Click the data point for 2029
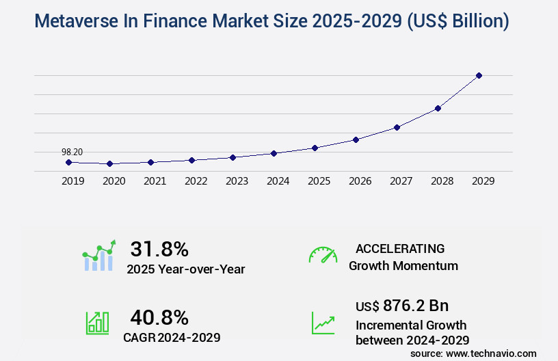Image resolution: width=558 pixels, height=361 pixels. (x=479, y=75)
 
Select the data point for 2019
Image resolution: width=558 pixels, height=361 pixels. (x=68, y=162)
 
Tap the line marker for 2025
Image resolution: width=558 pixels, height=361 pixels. (x=315, y=148)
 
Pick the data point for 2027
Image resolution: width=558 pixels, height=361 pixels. (x=397, y=127)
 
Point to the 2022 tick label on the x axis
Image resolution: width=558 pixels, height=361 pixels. (x=196, y=181)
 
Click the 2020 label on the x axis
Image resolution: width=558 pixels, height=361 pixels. (x=114, y=181)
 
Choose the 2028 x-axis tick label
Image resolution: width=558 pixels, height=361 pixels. (x=442, y=181)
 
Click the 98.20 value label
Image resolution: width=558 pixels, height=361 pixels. (x=72, y=152)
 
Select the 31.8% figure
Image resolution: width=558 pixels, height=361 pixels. (x=159, y=249)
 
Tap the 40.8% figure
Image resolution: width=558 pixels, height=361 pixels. (x=159, y=317)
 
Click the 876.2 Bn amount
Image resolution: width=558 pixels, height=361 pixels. (x=416, y=306)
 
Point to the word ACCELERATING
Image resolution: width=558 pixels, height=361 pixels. (x=400, y=248)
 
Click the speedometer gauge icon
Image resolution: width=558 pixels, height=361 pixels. (x=323, y=255)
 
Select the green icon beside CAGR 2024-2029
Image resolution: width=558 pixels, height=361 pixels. (x=97, y=323)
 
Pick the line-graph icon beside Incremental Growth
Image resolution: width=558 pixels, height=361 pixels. (x=323, y=323)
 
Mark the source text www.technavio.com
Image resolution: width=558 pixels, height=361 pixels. (x=491, y=353)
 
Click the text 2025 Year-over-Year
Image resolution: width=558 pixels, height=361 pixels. (x=185, y=269)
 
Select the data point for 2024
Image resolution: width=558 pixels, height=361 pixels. (x=274, y=153)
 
